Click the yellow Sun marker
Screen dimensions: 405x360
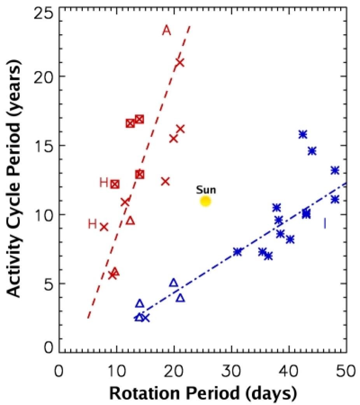pos(205,201)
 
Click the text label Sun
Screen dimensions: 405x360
pos(206,190)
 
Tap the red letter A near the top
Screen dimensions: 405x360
pos(166,30)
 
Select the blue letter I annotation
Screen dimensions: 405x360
pos(325,223)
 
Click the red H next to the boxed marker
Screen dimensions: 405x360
pos(103,183)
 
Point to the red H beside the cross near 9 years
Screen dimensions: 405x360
pos(92,224)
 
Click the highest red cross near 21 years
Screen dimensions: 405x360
pos(180,62)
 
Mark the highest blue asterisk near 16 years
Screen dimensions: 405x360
pos(302,134)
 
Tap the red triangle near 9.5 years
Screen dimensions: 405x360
pos(131,221)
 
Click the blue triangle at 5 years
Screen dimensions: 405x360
pos(174,283)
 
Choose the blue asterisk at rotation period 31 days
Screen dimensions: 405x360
pos(238,252)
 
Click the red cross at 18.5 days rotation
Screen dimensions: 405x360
pos(165,181)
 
